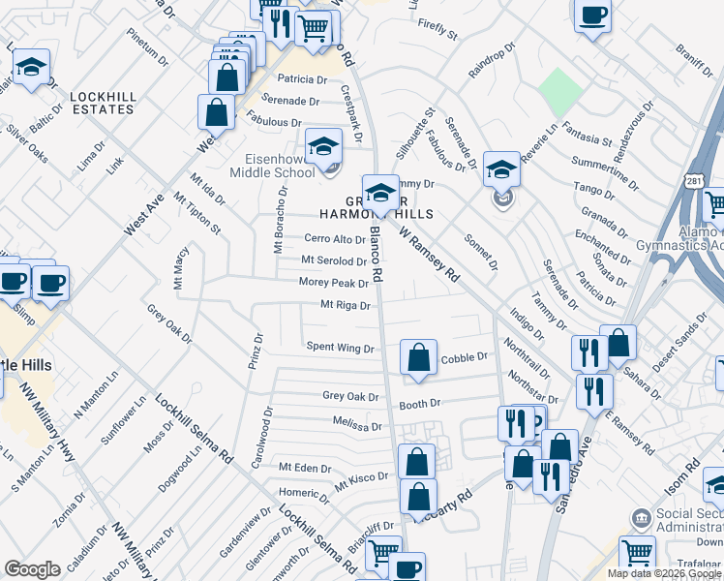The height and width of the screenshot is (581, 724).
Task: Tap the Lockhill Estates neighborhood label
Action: tap(102, 103)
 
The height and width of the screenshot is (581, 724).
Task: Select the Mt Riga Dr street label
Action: tap(346, 306)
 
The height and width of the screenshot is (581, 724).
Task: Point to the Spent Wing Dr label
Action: tap(340, 347)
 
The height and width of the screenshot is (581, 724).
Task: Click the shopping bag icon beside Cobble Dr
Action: tap(417, 357)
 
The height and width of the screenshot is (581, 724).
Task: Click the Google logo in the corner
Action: tap(33, 569)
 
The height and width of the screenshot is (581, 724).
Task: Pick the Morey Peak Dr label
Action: tap(334, 284)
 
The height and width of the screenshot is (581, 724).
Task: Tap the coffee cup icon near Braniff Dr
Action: tap(592, 15)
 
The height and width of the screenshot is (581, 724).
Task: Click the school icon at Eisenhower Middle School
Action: tap(324, 147)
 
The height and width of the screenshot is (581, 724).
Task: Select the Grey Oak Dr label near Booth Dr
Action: tap(347, 396)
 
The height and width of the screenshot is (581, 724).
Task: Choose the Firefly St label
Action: tap(437, 33)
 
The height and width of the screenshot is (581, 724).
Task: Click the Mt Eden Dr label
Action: tap(305, 468)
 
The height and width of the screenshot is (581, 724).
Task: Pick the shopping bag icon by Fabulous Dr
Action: tap(216, 112)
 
